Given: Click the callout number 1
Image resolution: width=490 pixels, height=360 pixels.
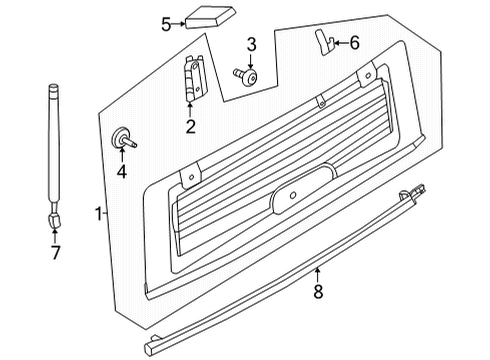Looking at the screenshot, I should (98, 212).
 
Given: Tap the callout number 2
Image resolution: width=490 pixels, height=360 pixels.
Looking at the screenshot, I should (190, 126).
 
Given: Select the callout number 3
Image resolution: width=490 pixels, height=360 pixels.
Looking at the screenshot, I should (252, 44).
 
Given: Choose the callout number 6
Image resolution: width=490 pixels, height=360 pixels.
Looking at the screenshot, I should (354, 42).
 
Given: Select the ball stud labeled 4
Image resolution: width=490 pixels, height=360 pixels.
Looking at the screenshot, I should (124, 139).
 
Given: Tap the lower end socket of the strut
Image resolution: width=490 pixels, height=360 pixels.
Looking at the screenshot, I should (53, 216).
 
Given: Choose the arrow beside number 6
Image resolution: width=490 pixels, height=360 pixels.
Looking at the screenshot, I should (338, 42).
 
